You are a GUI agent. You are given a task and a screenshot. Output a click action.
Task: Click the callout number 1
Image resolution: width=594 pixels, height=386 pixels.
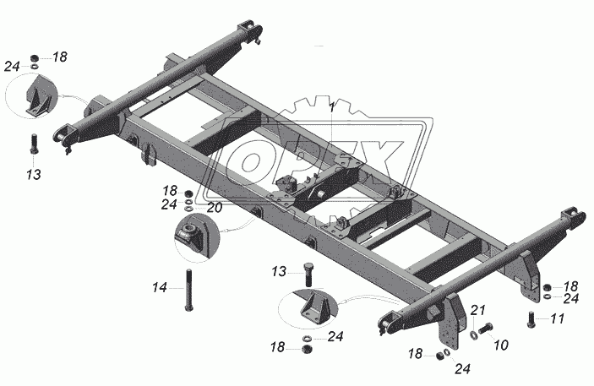pyautogui.click(x=332, y=107)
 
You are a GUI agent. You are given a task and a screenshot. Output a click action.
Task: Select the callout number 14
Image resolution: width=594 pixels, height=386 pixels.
pyautogui.click(x=160, y=287)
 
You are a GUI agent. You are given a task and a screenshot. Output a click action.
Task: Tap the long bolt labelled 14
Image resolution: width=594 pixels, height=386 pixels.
pyautogui.click(x=188, y=290)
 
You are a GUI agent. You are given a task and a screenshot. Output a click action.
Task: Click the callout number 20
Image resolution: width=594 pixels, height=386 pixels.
pyautogui.click(x=214, y=208)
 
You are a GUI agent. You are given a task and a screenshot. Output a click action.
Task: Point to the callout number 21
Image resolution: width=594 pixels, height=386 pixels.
pyautogui.click(x=478, y=311)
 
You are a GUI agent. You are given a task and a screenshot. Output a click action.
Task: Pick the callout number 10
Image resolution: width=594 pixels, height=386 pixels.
pyautogui.click(x=501, y=345)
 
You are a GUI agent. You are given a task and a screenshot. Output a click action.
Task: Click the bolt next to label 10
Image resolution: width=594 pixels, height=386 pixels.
pyautogui.click(x=485, y=328)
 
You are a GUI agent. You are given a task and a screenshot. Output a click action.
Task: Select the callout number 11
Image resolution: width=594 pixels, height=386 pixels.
pyautogui.click(x=557, y=318)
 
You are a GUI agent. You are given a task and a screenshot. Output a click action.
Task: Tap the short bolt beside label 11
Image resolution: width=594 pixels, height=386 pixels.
pyautogui.click(x=531, y=319)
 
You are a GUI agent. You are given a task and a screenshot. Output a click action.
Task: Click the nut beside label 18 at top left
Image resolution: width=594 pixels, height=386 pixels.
pyautogui.click(x=35, y=58)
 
